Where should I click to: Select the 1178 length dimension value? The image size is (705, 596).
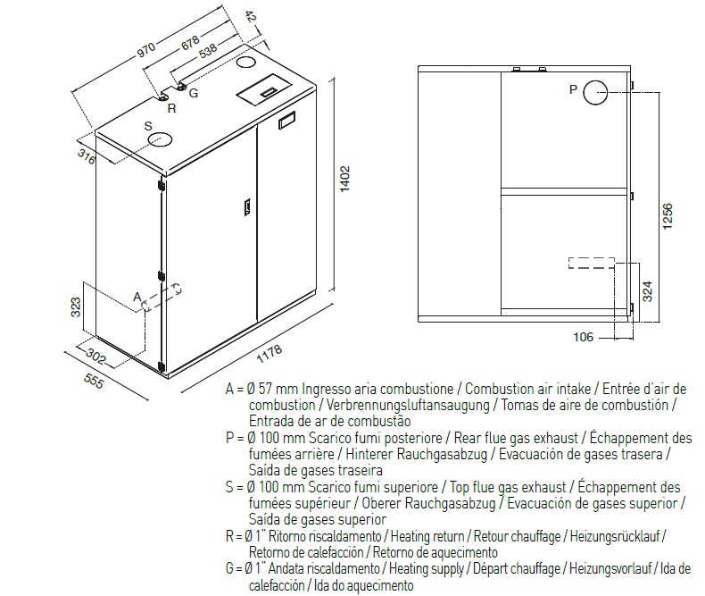[x=269, y=352]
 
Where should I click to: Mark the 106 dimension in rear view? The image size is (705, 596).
[x=583, y=336]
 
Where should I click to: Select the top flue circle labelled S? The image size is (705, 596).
[x=161, y=139]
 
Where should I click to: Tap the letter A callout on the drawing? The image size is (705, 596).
[x=137, y=295]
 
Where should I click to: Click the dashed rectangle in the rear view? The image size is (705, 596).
[x=590, y=264]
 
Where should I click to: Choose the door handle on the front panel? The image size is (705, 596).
[x=240, y=206]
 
